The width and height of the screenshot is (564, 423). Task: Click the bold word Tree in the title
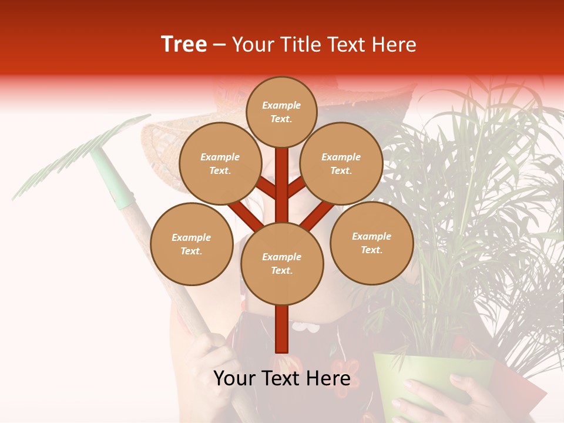pyautogui.click(x=184, y=45)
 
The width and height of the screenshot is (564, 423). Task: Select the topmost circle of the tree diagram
pyautogui.click(x=281, y=112)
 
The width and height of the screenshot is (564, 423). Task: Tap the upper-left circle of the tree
pyautogui.click(x=220, y=163)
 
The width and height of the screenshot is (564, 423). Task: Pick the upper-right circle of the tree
pyautogui.click(x=341, y=163)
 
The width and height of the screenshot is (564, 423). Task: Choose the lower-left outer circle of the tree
pyautogui.click(x=192, y=244)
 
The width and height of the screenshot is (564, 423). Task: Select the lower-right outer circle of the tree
pyautogui.click(x=371, y=243)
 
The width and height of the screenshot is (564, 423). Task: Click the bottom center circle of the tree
pyautogui.click(x=282, y=263)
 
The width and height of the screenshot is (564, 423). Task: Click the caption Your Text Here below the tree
pyautogui.click(x=282, y=379)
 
